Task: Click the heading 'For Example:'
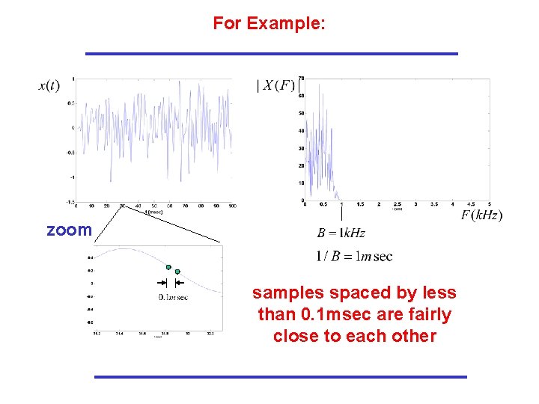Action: tap(269, 23)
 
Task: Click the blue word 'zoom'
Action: tap(68, 230)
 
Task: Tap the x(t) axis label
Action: tap(49, 85)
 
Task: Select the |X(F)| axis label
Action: tap(276, 85)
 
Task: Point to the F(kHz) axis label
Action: tap(481, 215)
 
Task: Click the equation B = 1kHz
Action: tap(341, 233)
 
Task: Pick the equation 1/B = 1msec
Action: tap(354, 257)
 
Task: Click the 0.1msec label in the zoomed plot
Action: tap(173, 297)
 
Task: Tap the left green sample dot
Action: tap(169, 267)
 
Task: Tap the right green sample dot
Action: tap(177, 272)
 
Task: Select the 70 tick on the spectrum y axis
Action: tap(301, 78)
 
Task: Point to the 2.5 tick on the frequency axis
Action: tap(397, 203)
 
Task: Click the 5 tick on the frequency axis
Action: tap(490, 203)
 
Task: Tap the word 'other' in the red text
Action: tap(412, 336)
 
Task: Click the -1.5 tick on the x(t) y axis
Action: tap(69, 201)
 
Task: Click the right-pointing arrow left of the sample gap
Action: tap(159, 283)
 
